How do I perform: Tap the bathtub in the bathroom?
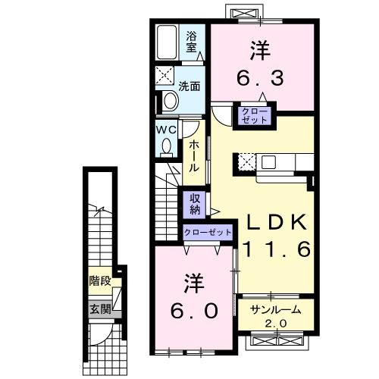(x=167, y=42)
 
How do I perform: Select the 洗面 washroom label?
(x=189, y=86)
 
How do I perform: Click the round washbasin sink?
(x=170, y=101)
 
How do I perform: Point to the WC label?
(x=166, y=130)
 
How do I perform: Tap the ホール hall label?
(x=194, y=156)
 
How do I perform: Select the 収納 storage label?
(x=195, y=205)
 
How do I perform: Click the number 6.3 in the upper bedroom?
(x=260, y=78)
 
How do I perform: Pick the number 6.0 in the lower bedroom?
(x=194, y=311)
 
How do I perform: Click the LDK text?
(x=277, y=222)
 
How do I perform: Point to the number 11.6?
(x=277, y=249)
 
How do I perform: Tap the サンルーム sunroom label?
(x=276, y=310)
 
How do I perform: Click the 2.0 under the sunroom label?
(x=276, y=324)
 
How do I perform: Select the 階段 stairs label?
(x=100, y=280)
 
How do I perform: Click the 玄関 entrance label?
(x=100, y=309)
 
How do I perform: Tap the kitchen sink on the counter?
(x=268, y=162)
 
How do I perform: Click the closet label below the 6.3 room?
(x=255, y=116)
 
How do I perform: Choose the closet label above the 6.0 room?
(x=208, y=232)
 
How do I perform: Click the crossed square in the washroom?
(x=164, y=75)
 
